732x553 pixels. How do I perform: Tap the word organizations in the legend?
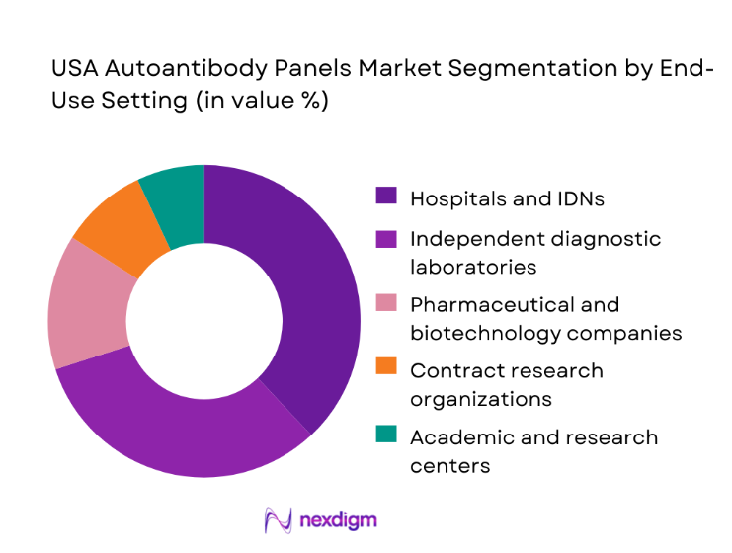tap(479, 399)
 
